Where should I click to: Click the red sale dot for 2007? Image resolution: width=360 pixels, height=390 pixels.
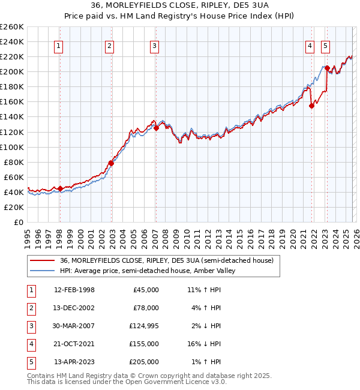click(156, 128)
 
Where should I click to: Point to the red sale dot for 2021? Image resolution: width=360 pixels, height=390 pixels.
click(311, 106)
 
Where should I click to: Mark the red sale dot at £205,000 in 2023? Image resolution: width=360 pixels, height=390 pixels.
click(327, 68)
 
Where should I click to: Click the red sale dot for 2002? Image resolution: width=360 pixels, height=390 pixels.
click(111, 163)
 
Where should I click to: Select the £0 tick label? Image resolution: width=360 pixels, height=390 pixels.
click(18, 222)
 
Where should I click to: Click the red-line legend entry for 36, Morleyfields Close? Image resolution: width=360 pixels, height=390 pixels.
click(167, 260)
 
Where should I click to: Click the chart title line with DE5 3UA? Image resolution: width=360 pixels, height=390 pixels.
click(180, 7)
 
